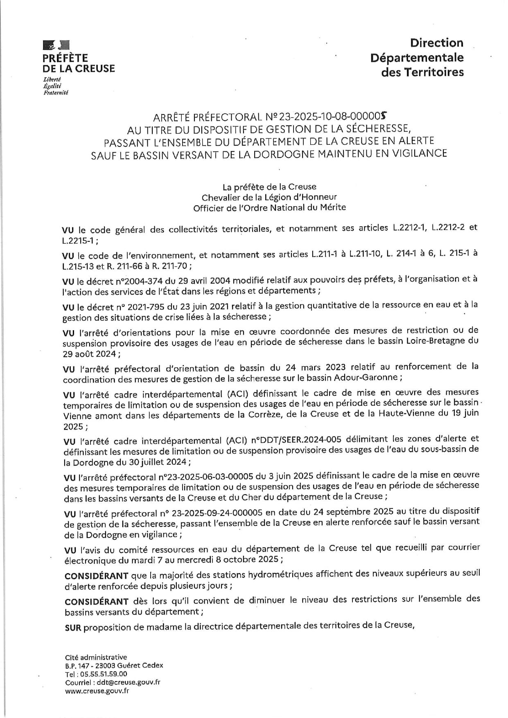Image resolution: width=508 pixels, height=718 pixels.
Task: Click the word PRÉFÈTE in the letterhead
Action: click(65, 58)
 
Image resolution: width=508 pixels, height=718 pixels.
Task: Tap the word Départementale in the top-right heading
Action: click(417, 58)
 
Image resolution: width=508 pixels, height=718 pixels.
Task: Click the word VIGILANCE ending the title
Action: click(419, 153)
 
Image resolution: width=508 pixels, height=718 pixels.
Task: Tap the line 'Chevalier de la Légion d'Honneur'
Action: click(269, 197)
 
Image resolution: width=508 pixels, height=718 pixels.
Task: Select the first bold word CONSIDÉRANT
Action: click(97, 576)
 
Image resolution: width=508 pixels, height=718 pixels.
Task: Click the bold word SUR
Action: click(73, 628)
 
